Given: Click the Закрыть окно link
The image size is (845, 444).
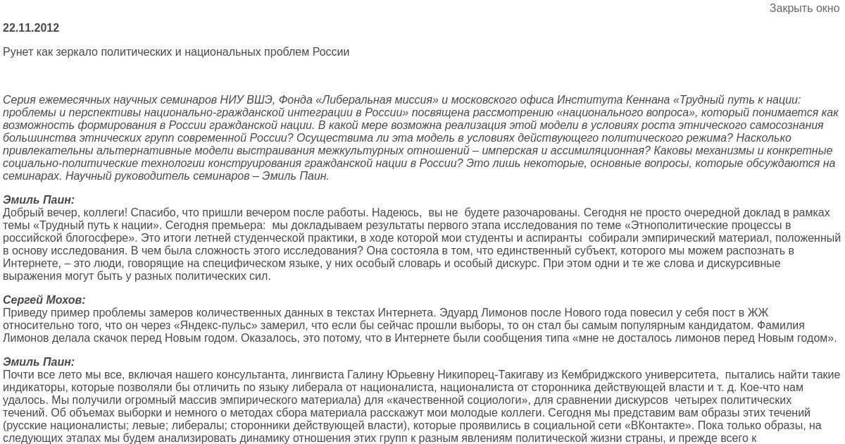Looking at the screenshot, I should tap(804, 8).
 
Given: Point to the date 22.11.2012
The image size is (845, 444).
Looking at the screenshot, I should tap(31, 28).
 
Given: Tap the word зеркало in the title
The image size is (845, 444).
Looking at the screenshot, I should tap(73, 52).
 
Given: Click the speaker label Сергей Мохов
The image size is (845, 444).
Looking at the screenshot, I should tap(44, 300).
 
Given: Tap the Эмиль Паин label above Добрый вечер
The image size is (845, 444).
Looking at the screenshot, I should tap(39, 200).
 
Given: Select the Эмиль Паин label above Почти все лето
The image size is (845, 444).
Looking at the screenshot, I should tap(39, 362).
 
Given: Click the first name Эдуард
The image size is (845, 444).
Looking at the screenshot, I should tap(459, 313).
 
